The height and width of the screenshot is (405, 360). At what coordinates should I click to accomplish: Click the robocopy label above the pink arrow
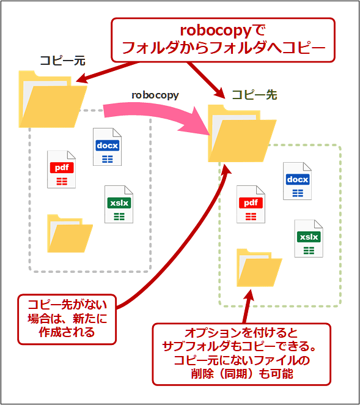[x=154, y=95]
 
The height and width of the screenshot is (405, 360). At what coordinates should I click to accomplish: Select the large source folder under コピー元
[x=52, y=98]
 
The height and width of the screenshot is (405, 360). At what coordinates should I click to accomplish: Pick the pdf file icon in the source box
[x=62, y=169]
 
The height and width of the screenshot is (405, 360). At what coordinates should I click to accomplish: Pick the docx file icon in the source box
[x=107, y=147]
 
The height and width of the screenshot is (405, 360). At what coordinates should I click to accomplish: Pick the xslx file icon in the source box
[x=119, y=204]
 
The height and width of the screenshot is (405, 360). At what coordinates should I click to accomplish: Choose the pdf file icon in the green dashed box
[x=251, y=204]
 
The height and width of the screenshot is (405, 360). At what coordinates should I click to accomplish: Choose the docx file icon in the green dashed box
[x=297, y=181]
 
